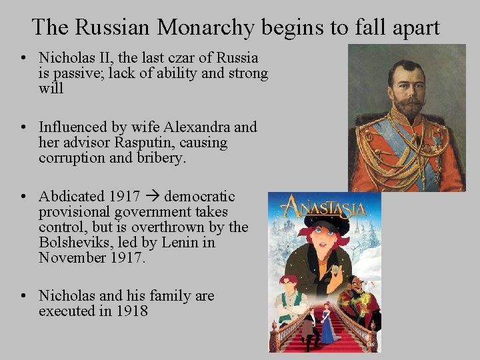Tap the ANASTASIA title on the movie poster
324,208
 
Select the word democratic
199,197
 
